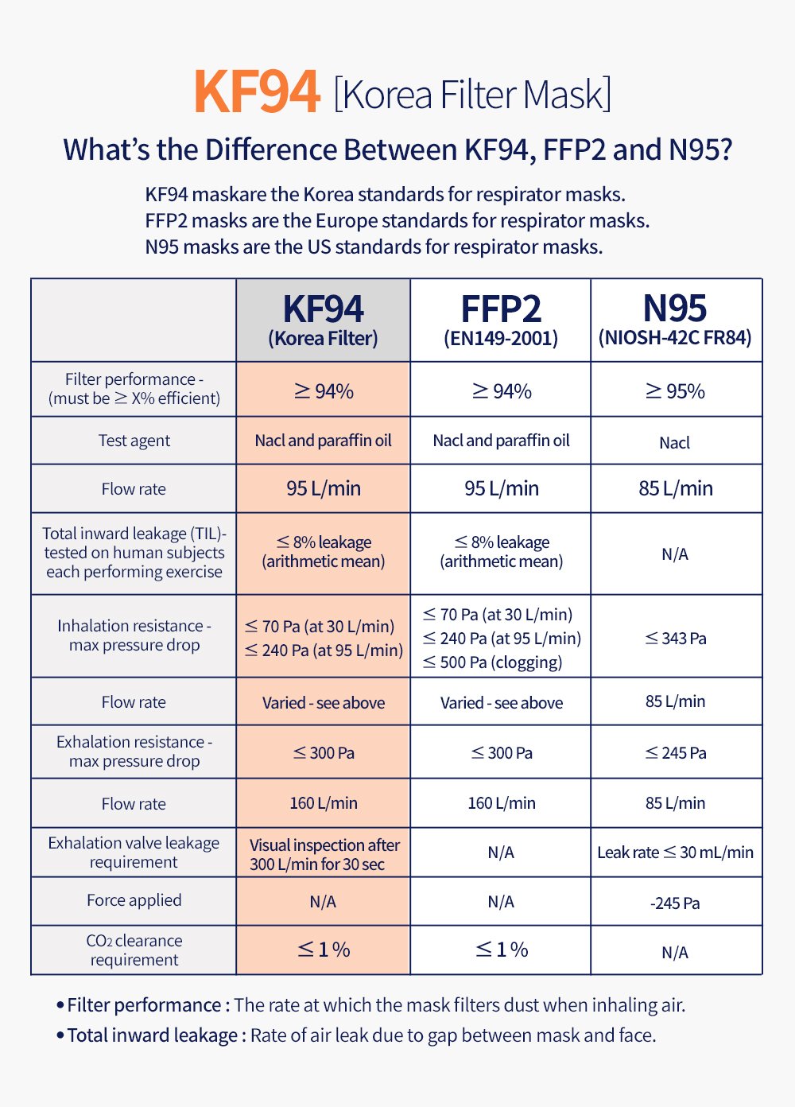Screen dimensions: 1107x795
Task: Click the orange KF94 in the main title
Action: point(257,93)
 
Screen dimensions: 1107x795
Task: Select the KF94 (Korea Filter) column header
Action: point(323,320)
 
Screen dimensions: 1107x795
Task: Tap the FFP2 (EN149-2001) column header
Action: point(501,320)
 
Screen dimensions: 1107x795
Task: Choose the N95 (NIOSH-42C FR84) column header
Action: point(675,320)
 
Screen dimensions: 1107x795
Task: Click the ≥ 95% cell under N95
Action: point(675,391)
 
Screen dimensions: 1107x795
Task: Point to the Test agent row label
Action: point(134,441)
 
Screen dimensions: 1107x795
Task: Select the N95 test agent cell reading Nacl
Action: point(675,443)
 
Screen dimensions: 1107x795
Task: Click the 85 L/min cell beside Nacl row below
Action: point(675,488)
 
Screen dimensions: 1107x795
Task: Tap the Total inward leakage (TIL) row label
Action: point(134,553)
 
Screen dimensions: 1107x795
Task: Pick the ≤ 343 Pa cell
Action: point(675,638)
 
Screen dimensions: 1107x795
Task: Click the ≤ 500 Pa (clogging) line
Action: point(493,662)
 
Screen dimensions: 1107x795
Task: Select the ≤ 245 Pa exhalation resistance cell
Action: point(675,753)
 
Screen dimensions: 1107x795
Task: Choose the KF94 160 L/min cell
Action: point(323,803)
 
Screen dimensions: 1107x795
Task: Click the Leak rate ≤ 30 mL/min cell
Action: point(675,853)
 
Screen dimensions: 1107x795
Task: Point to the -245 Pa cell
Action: point(675,903)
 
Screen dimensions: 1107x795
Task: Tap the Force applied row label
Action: point(134,900)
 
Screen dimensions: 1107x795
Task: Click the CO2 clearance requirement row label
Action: point(134,950)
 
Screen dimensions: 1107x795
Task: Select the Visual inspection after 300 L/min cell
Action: point(323,854)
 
